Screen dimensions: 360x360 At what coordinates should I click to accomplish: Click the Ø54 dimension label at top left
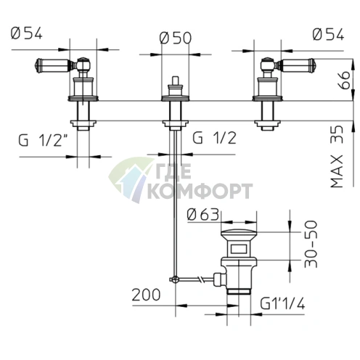click(27, 33)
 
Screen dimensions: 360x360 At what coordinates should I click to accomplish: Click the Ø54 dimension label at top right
click(328, 34)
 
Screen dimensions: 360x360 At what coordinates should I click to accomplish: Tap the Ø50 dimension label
click(176, 38)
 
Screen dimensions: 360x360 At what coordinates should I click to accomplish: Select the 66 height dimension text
click(344, 80)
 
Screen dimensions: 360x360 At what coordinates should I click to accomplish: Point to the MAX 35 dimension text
click(337, 157)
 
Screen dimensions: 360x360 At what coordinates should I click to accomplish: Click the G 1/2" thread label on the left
click(43, 139)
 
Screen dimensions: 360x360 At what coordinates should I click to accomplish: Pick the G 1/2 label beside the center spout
click(214, 138)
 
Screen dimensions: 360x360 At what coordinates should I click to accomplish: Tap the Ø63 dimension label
click(203, 214)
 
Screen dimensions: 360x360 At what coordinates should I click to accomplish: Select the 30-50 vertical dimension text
click(311, 244)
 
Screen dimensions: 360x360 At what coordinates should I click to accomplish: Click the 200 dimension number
click(146, 295)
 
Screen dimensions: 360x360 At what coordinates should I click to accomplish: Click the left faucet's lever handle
click(52, 65)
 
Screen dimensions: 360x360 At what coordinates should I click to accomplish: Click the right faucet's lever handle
click(297, 65)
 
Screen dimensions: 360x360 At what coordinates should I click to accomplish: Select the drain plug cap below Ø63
click(239, 234)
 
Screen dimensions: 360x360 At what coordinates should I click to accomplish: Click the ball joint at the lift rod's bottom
click(175, 279)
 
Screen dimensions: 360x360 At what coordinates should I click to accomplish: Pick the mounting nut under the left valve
click(83, 123)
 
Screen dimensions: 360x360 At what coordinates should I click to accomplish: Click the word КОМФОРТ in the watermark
click(200, 191)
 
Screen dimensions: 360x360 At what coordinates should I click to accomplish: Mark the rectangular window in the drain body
click(239, 249)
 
